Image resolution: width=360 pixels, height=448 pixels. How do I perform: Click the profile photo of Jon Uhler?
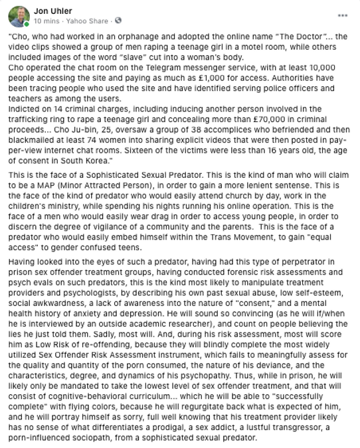15,15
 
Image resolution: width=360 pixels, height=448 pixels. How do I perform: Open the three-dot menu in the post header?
343,15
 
